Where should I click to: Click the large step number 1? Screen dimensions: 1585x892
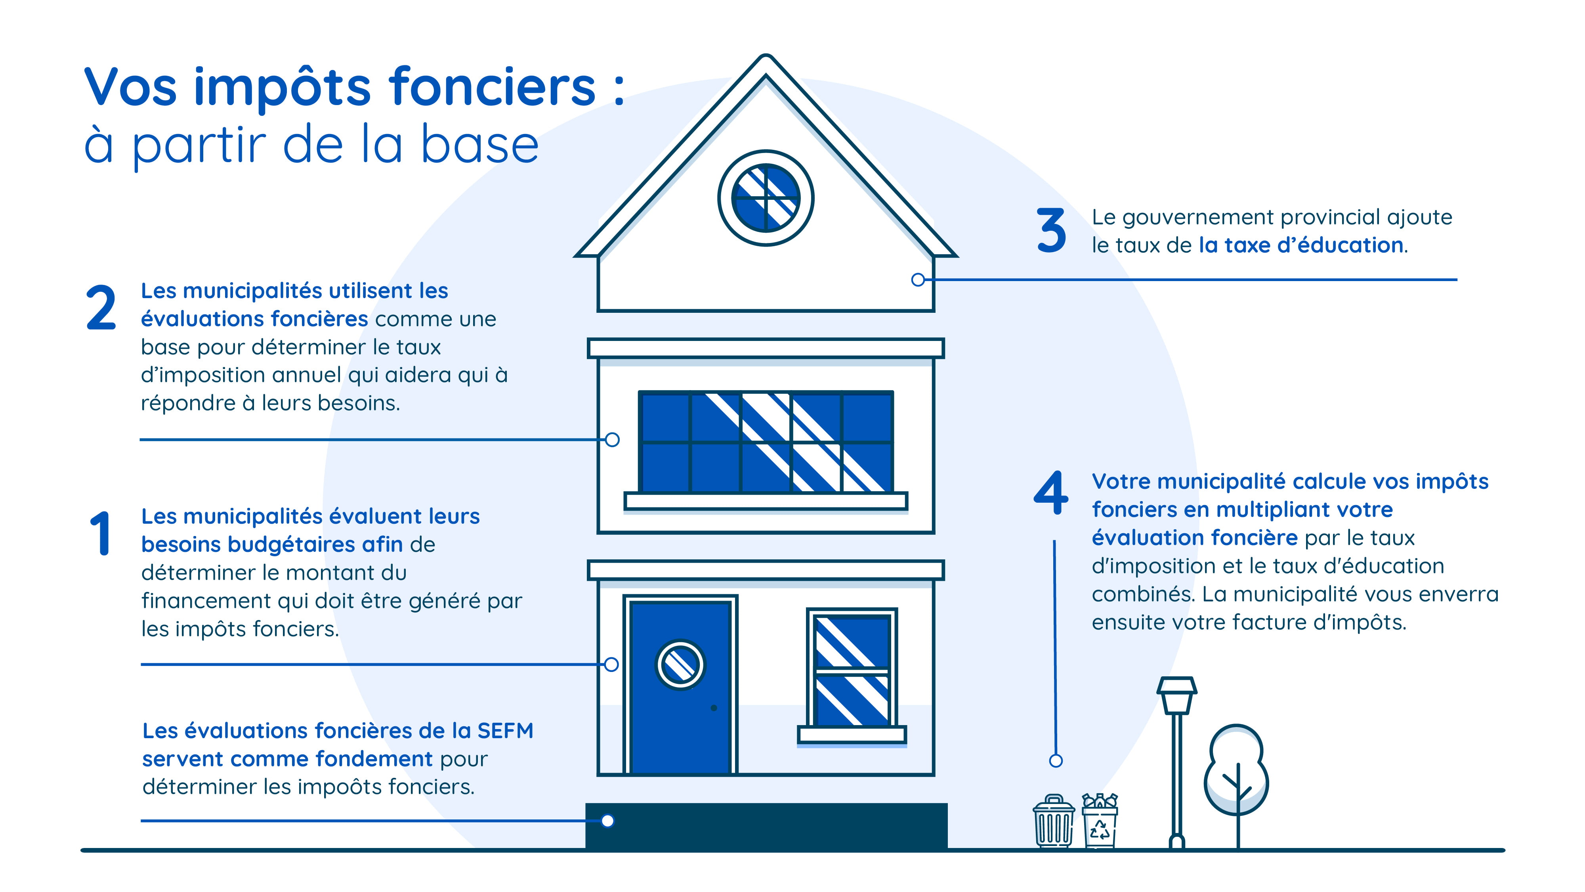[100, 533]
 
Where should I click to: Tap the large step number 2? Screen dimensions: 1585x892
[101, 307]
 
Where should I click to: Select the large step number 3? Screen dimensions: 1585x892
[1052, 230]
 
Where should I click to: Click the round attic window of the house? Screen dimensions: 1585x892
[766, 198]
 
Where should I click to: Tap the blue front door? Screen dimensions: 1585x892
[680, 686]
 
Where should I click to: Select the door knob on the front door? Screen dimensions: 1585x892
[714, 708]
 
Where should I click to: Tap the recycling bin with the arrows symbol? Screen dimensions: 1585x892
[1100, 821]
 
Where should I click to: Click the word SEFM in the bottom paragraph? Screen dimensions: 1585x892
[505, 731]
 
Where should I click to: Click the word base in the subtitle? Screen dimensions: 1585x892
[480, 145]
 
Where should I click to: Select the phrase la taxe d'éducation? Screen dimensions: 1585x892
[1301, 245]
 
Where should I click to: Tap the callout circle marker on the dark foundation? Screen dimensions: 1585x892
[607, 821]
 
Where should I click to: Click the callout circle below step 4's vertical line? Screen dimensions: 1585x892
[1056, 761]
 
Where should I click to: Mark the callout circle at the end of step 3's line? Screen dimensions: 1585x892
[918, 279]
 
